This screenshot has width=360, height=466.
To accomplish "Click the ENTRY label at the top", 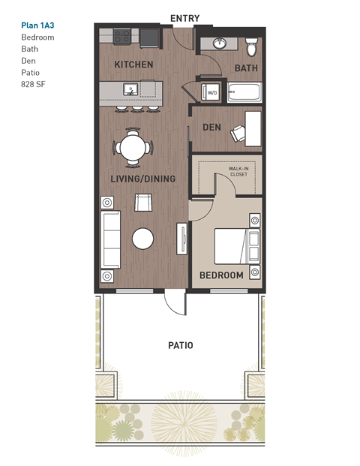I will (x=184, y=17).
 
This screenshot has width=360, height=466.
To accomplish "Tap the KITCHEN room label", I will (x=133, y=65).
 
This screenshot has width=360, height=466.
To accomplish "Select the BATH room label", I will (x=246, y=68).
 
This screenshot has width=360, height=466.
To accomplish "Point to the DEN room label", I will (x=211, y=128).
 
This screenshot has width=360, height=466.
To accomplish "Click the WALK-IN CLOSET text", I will (x=238, y=172).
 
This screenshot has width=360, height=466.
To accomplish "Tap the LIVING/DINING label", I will (x=142, y=179).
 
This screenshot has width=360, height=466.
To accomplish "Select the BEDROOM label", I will (x=221, y=275).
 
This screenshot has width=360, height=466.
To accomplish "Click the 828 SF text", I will (x=34, y=85).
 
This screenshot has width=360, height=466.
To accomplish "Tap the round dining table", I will (x=133, y=146).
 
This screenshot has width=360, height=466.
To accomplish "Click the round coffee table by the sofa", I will (x=142, y=239).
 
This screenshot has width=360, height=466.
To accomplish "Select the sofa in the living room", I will (x=109, y=239).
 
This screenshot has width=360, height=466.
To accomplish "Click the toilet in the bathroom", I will (x=253, y=47).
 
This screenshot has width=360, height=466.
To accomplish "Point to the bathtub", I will (x=244, y=93).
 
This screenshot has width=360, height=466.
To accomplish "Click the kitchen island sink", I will (x=130, y=90).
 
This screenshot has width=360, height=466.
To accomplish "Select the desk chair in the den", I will (x=238, y=134).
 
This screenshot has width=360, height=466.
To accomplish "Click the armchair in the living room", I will (x=142, y=203).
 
